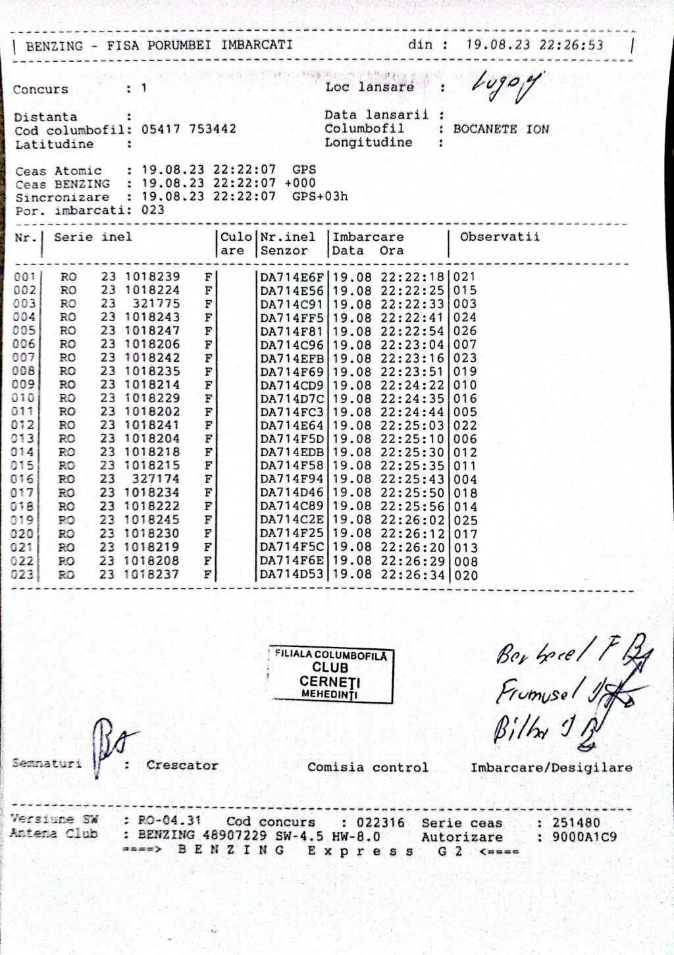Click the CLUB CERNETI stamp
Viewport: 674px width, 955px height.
[330, 675]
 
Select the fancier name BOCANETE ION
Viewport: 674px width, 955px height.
[501, 129]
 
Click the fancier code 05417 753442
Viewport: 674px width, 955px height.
[189, 129]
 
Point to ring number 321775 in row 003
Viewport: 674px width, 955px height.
[156, 303]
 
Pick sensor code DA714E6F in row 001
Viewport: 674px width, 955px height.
[292, 277]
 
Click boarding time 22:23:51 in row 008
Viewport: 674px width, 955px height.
[413, 371]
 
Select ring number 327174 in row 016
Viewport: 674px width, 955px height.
[156, 479]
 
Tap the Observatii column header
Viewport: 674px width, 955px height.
[500, 237]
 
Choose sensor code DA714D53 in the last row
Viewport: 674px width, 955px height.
[292, 575]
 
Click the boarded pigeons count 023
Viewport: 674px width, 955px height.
[153, 210]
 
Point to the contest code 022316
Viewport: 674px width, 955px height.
[380, 822]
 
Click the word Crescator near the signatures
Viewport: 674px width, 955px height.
[182, 765]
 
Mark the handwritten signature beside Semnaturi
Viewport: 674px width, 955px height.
[109, 744]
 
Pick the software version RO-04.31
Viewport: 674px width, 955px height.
[169, 821]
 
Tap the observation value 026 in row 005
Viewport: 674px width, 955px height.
[465, 331]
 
